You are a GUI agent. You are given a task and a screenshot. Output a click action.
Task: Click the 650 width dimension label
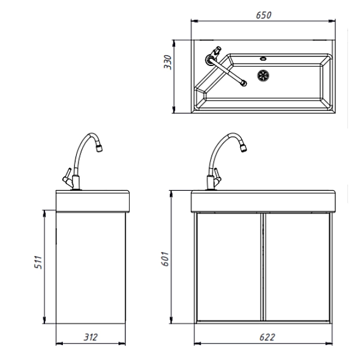pos(263,15)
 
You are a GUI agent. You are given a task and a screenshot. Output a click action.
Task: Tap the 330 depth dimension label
pos(167,62)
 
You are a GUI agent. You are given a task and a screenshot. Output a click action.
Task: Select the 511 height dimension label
pos(38,262)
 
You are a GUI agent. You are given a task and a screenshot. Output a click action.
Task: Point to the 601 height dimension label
pos(165,259)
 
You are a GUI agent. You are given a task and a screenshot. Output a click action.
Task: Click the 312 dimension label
pos(91,337)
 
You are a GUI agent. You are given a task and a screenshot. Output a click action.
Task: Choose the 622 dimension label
pos(267,337)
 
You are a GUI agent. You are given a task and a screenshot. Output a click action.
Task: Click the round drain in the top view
pos(263,76)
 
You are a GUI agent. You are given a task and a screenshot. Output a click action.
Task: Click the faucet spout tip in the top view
pos(244,83)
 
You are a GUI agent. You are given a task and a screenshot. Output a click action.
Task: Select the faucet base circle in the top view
pos(210,59)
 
